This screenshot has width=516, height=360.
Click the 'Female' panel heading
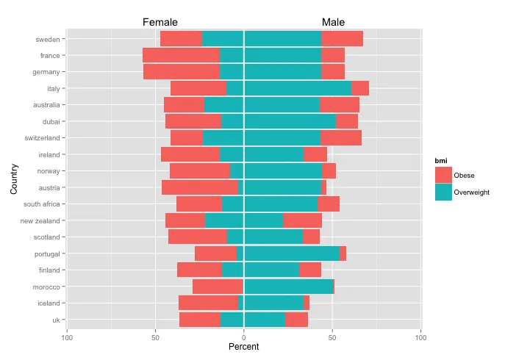pos(160,23)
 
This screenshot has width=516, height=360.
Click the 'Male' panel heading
pos(333,23)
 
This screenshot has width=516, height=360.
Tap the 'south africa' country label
pos(43,204)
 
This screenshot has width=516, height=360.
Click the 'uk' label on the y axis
pos(55,320)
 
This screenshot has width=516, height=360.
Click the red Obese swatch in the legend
pos(444,174)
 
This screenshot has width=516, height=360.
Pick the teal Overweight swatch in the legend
pos(444,192)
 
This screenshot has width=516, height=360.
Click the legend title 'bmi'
pos(440,159)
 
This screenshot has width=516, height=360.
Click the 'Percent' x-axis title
pos(243,347)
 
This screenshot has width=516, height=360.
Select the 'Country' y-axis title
pos(14,179)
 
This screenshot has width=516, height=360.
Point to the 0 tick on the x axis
pos(244,337)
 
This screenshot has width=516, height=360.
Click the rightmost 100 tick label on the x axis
pos(420,337)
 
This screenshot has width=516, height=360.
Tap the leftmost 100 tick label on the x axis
pos(67,337)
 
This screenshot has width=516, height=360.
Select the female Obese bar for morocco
pos(218,287)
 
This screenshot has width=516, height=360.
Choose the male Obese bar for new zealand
pos(302,220)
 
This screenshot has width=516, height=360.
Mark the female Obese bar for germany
pos(182,72)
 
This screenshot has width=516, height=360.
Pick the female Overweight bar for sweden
pos(223,39)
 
